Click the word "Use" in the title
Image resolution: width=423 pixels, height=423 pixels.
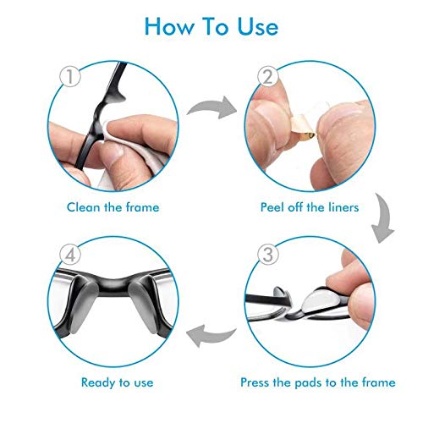pyautogui.click(x=257, y=26)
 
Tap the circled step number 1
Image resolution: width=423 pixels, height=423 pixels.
pyautogui.click(x=70, y=76)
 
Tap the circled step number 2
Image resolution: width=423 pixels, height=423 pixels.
pyautogui.click(x=268, y=76)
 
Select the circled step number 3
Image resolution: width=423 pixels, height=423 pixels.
pyautogui.click(x=268, y=254)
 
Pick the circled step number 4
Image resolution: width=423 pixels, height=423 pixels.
pyautogui.click(x=70, y=254)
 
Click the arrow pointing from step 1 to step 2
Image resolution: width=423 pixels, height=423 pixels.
pyautogui.click(x=214, y=107)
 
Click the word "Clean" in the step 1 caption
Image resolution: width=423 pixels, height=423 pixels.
pyautogui.click(x=84, y=207)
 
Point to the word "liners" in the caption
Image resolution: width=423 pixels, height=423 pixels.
pyautogui.click(x=343, y=207)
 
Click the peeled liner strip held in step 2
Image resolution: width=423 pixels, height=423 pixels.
pyautogui.click(x=302, y=127)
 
